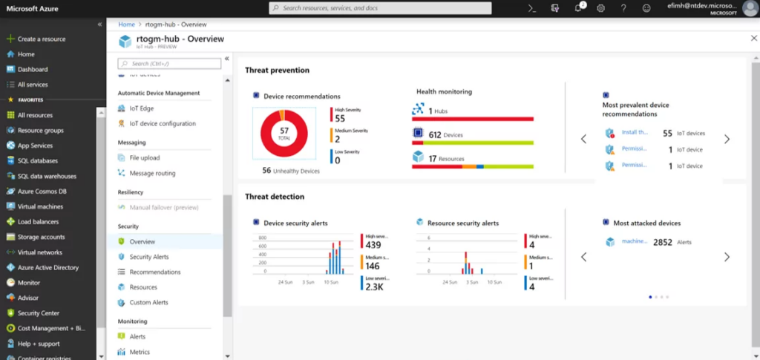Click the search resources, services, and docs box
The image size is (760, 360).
379,7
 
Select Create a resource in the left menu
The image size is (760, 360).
41,39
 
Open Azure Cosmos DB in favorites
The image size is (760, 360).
42,191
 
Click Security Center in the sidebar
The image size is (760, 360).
38,313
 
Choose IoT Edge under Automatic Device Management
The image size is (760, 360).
141,108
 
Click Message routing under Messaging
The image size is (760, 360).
152,173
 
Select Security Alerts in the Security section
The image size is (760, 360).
149,257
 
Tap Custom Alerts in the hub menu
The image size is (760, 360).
148,302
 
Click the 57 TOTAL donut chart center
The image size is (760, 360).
284,133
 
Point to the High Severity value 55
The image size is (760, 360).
340,119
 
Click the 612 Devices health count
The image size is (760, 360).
435,134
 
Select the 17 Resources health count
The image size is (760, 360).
433,158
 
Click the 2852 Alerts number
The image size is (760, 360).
662,242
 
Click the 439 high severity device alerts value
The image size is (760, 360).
373,245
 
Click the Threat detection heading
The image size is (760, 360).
275,197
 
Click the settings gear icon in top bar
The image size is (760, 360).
600,7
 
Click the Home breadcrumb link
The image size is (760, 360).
127,24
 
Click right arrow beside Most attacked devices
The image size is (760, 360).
727,257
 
